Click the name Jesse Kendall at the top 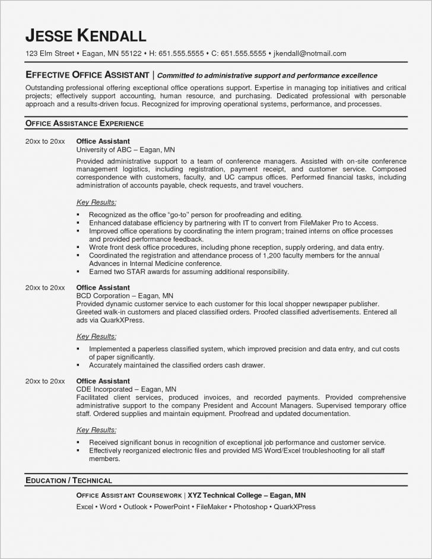85,35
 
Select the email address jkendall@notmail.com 310,53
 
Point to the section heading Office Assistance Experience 84,123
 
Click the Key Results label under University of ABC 97,202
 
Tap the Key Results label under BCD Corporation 97,336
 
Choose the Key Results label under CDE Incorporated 97,429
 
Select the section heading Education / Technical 68,479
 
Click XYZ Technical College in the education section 227,495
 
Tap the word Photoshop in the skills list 249,507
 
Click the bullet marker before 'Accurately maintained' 79,365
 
